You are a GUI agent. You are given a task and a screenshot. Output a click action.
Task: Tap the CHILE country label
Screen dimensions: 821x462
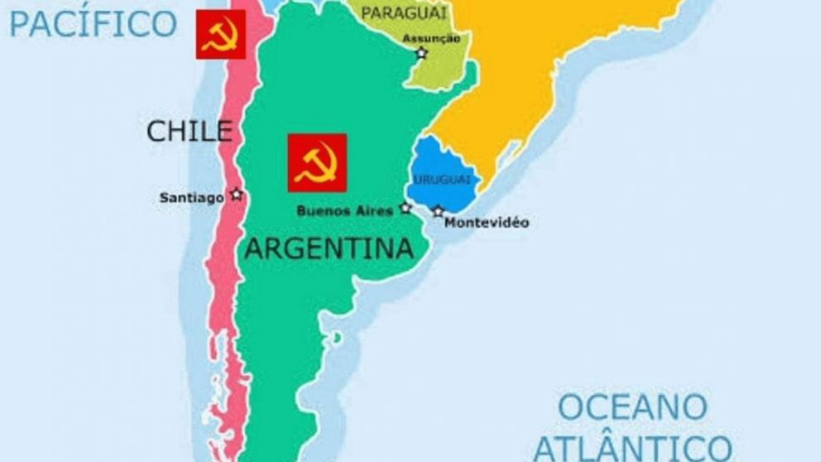pyautogui.click(x=189, y=130)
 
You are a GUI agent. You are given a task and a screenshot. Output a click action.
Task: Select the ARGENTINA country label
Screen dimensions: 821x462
pyautogui.click(x=329, y=248)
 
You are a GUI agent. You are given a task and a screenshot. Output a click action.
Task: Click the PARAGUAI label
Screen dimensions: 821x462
pyautogui.click(x=404, y=12)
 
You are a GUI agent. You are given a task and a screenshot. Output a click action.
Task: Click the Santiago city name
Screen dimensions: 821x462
pyautogui.click(x=192, y=197)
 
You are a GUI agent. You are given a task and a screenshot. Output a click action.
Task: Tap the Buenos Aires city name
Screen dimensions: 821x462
pyautogui.click(x=344, y=211)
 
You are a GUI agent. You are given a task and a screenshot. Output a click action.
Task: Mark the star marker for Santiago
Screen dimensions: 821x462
pyautogui.click(x=237, y=195)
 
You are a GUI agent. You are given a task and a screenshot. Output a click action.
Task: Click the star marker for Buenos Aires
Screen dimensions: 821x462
pyautogui.click(x=406, y=208)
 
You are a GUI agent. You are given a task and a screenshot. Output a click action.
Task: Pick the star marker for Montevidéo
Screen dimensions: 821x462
pyautogui.click(x=438, y=211)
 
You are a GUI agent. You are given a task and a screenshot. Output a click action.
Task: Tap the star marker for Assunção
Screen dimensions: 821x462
pyautogui.click(x=421, y=53)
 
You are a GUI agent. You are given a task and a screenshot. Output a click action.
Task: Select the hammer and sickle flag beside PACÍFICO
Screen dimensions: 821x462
pyautogui.click(x=221, y=34)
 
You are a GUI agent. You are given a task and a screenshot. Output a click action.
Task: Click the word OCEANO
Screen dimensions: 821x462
pyautogui.click(x=632, y=407)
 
